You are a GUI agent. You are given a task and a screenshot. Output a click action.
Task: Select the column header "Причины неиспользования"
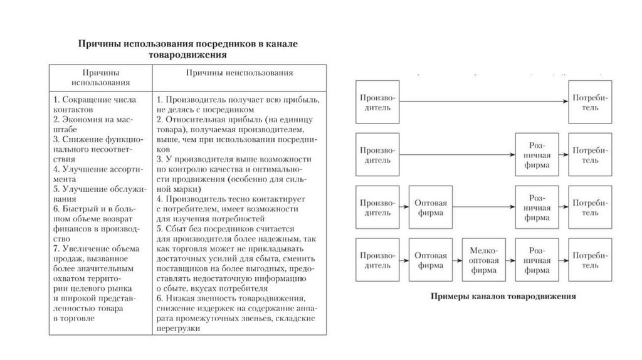(x=239, y=73)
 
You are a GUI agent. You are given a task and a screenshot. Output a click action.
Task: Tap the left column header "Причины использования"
(x=101, y=77)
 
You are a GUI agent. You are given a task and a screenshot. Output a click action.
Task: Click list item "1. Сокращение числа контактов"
(x=94, y=103)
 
